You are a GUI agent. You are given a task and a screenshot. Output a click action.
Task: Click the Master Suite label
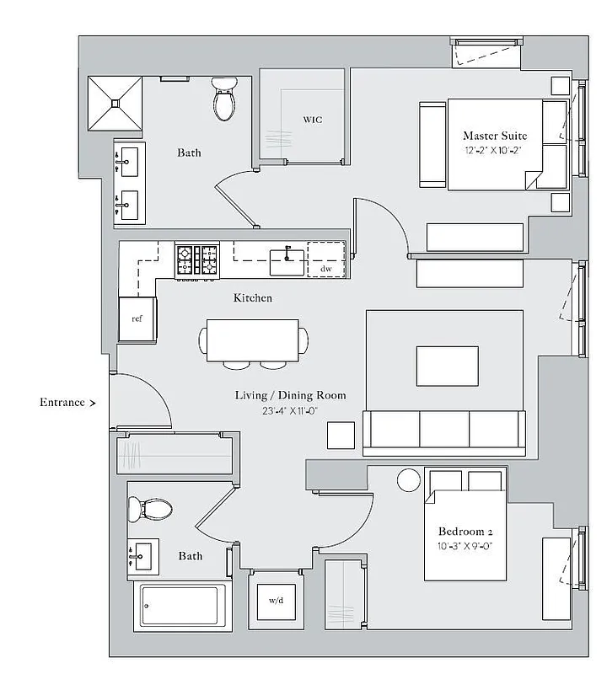pyautogui.click(x=495, y=135)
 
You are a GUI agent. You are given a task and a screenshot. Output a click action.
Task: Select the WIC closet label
pyautogui.click(x=312, y=120)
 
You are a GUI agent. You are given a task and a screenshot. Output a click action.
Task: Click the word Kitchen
pyautogui.click(x=252, y=298)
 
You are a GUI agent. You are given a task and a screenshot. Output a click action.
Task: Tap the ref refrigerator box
pyautogui.click(x=137, y=319)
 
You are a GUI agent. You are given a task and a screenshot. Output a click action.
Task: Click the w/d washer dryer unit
pyautogui.click(x=275, y=600)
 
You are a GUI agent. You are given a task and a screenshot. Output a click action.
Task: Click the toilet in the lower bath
pyautogui.click(x=150, y=509)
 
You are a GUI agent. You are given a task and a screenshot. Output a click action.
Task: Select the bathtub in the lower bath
pyautogui.click(x=182, y=606)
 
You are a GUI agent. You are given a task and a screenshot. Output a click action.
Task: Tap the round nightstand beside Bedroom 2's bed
pyautogui.click(x=409, y=480)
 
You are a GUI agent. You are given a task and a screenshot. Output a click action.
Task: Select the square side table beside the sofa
pyautogui.click(x=341, y=435)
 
